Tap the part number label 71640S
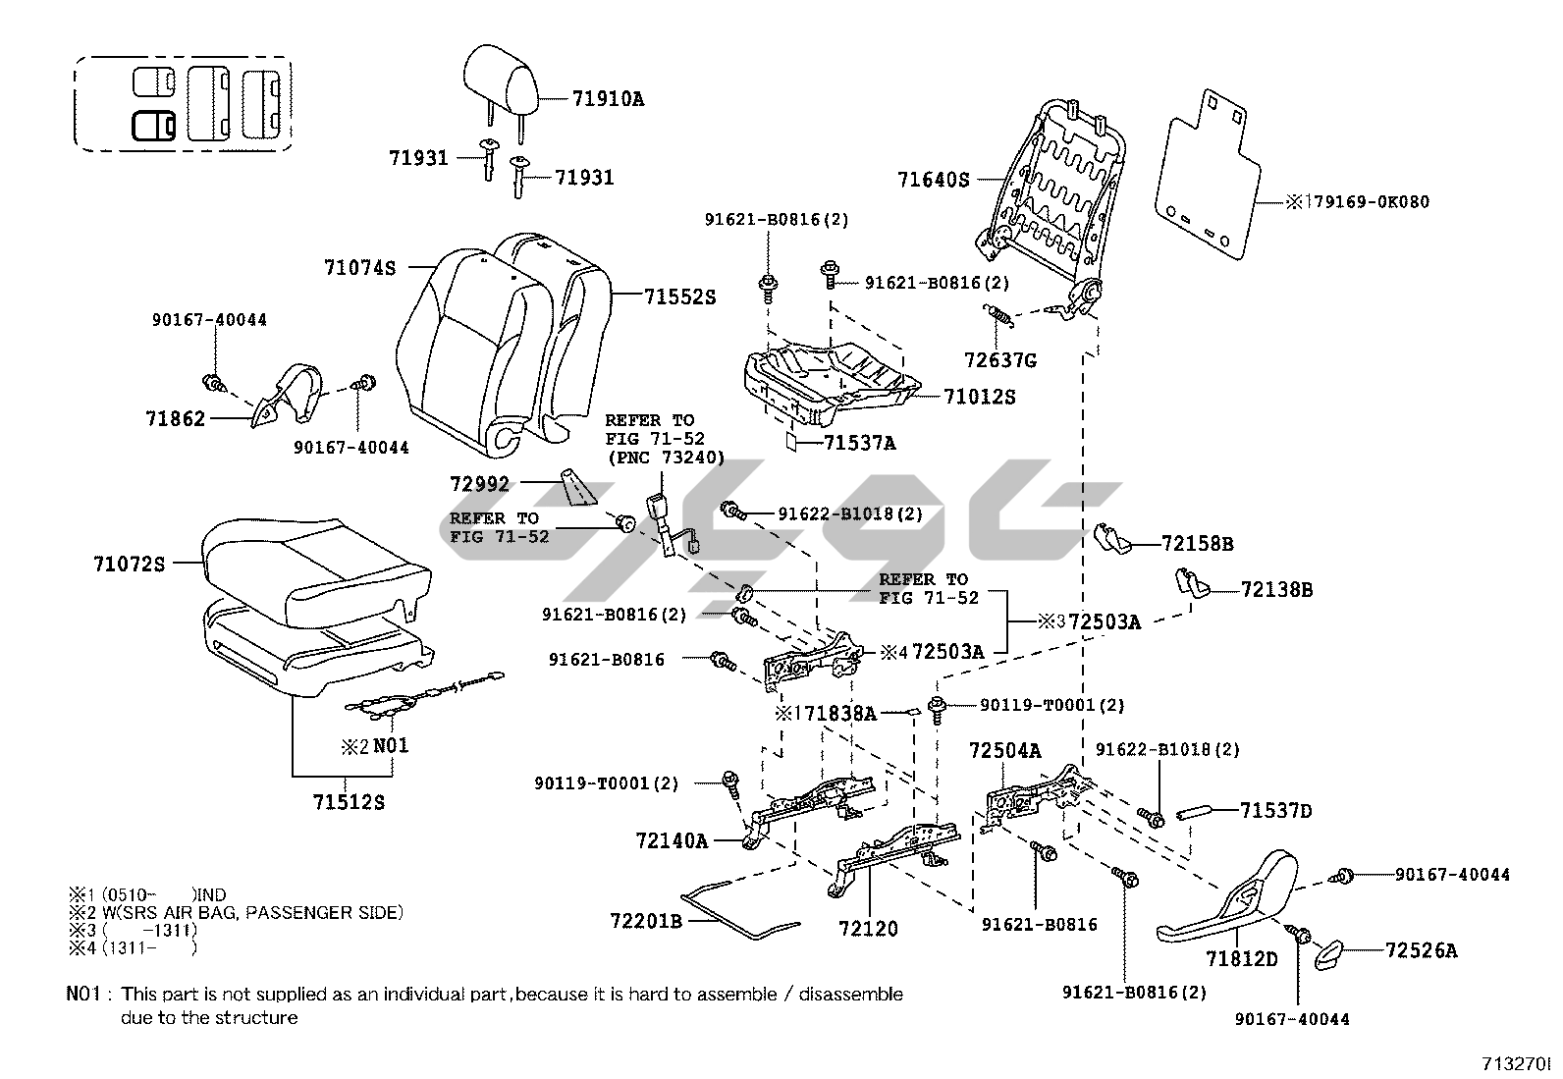click(933, 180)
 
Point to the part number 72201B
click(645, 921)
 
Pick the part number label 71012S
click(979, 397)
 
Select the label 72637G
click(999, 360)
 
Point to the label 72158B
click(1197, 543)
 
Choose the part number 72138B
click(1276, 590)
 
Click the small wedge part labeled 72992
click(575, 486)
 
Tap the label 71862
click(176, 419)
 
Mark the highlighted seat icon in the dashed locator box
click(153, 125)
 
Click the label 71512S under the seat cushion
click(349, 802)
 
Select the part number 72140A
click(672, 840)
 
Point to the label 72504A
click(1004, 751)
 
